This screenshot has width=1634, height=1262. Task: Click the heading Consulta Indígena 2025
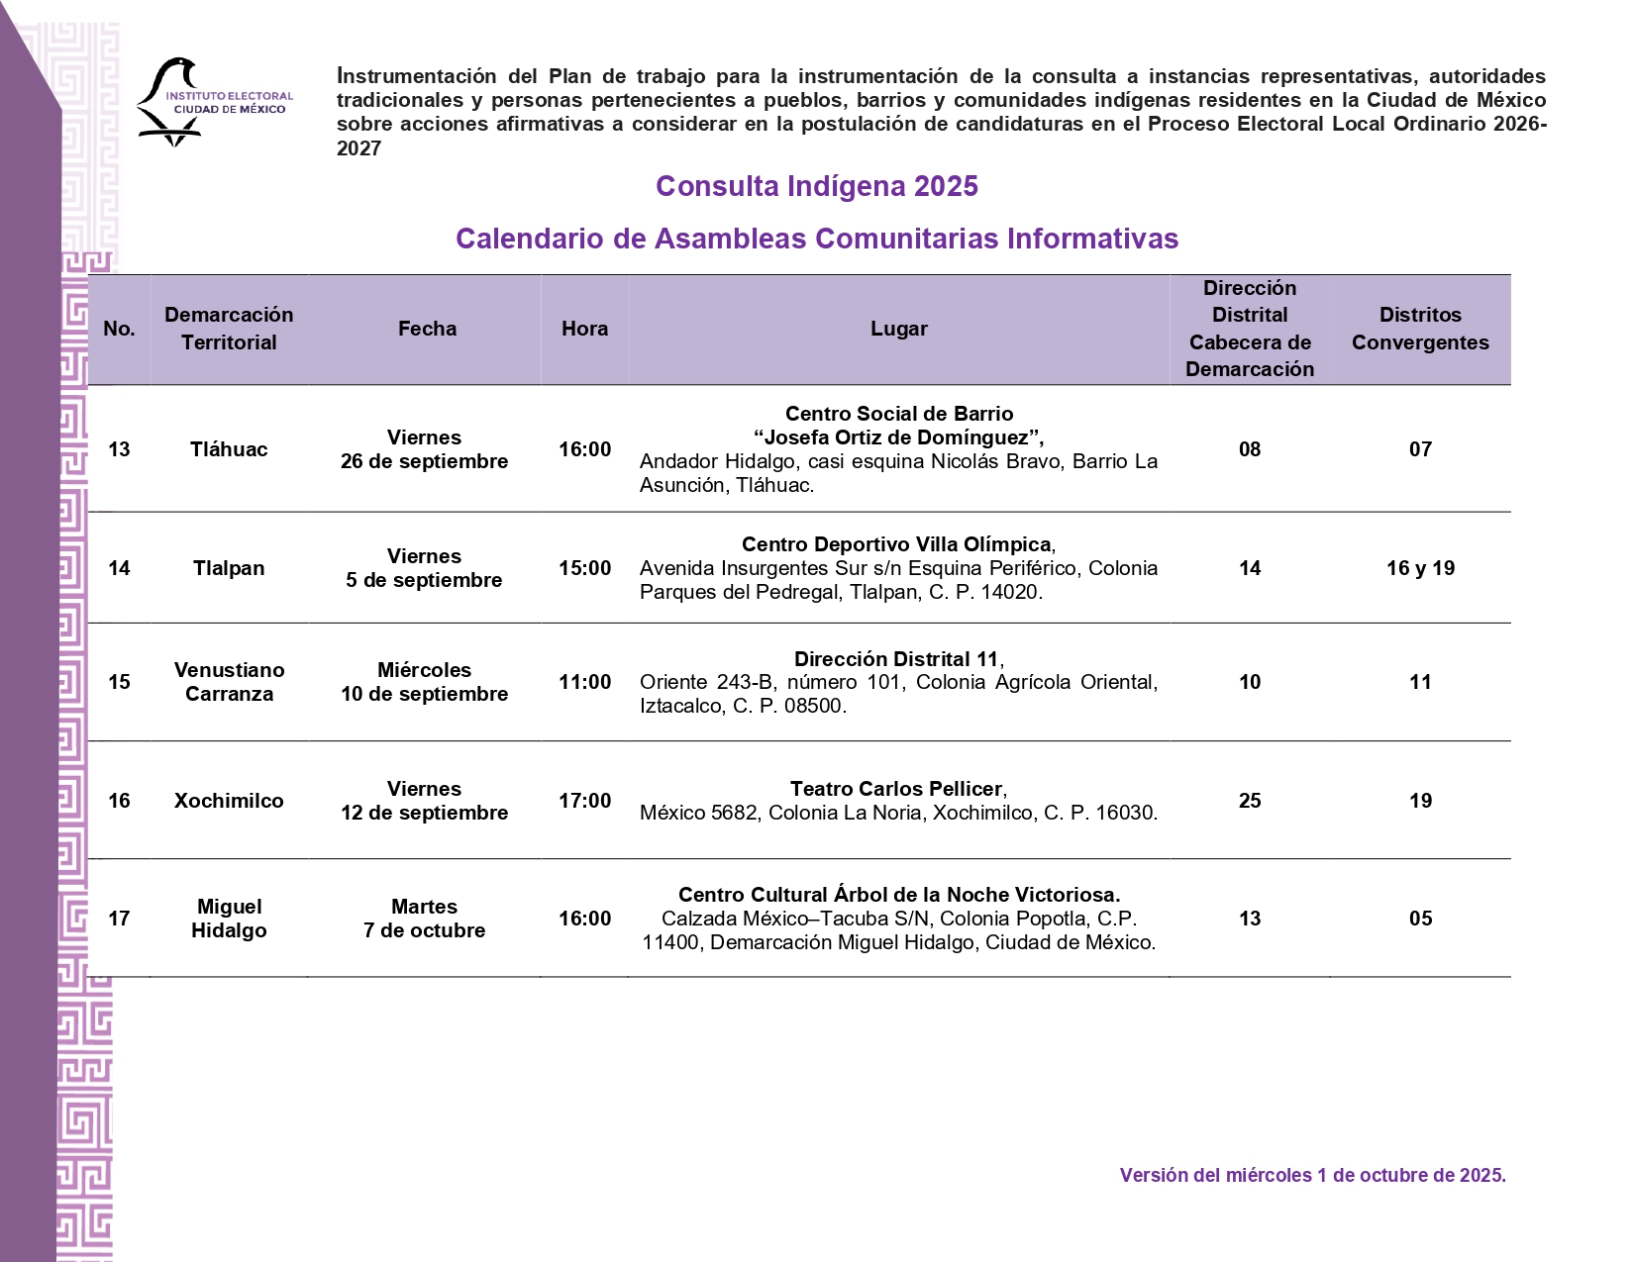pos(816,186)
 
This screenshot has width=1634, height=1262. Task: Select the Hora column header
pos(584,329)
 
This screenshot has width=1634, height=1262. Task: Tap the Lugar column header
pos(898,329)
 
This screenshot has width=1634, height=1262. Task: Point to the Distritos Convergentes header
pos(1419,329)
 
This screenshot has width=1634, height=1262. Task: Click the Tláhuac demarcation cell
pos(229,449)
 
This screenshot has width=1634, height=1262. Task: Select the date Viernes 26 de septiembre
pos(424,449)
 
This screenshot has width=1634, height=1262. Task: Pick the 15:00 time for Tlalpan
pos(584,568)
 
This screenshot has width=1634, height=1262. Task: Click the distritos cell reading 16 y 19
pos(1420,568)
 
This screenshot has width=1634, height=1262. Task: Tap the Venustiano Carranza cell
pos(229,682)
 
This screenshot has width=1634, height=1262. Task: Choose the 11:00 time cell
pos(584,682)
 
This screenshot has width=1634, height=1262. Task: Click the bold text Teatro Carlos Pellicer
pos(896,789)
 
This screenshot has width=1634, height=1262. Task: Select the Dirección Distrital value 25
pos(1250,801)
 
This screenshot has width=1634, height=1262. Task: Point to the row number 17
pos(119,919)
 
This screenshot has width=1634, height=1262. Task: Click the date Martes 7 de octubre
pos(424,919)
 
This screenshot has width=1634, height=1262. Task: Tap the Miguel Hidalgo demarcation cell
pos(229,919)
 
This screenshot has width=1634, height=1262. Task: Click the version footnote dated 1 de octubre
pos(1312,1175)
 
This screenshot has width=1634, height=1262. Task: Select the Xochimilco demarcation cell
pos(229,801)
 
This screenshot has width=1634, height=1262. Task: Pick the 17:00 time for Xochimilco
pos(584,801)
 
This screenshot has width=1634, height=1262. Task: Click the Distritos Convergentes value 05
pos(1420,919)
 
